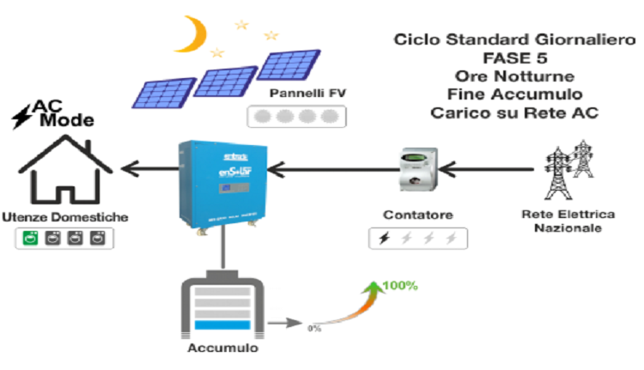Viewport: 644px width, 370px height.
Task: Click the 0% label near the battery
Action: click(314, 327)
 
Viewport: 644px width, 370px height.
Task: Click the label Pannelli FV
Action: click(295, 93)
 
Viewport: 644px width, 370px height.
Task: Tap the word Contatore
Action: click(419, 214)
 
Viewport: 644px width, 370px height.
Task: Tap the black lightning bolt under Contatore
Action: click(383, 240)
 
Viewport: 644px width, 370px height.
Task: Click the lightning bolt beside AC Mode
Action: click(18, 112)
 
